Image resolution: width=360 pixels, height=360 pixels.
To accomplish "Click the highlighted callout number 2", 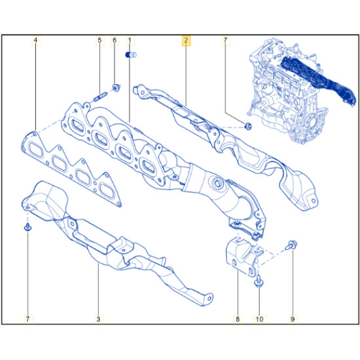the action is (x=186, y=41).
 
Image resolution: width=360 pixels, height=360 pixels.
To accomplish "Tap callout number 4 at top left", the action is (x=35, y=41).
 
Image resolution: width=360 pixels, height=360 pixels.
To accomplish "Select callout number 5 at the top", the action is (x=99, y=41).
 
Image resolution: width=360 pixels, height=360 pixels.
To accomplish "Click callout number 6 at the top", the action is (x=115, y=41).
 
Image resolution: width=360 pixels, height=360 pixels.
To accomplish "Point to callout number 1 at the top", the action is (x=130, y=41).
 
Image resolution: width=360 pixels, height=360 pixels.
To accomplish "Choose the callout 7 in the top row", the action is (x=225, y=41).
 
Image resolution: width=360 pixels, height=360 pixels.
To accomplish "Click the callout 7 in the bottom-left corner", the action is (x=27, y=319).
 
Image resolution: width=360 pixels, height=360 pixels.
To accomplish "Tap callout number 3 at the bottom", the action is (x=98, y=319).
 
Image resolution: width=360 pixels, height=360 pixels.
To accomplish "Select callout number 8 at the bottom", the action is (x=238, y=319).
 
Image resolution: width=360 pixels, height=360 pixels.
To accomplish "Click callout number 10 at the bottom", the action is (x=259, y=319).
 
